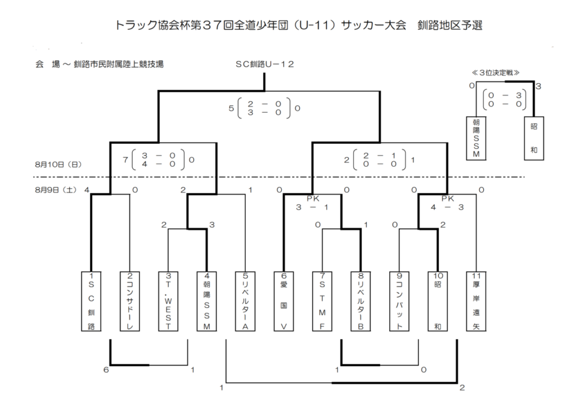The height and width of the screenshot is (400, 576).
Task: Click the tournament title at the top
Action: (x=298, y=25)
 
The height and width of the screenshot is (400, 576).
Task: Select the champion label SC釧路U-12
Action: (x=264, y=64)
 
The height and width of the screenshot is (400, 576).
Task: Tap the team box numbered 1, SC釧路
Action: (x=91, y=301)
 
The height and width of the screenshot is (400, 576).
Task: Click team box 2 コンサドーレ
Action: (x=130, y=301)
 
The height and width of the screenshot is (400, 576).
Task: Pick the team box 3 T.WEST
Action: (x=168, y=301)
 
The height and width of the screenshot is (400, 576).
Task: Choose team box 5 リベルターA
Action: (x=245, y=301)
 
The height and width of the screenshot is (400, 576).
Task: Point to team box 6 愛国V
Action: (x=283, y=301)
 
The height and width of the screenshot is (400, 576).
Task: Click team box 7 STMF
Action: (x=322, y=301)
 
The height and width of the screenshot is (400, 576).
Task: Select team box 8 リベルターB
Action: (x=361, y=301)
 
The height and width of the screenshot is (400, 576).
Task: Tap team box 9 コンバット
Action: (x=399, y=301)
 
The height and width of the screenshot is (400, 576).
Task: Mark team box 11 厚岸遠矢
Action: (x=476, y=301)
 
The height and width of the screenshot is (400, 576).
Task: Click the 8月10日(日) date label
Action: (x=58, y=165)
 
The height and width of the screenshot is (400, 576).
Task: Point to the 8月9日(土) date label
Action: (x=56, y=190)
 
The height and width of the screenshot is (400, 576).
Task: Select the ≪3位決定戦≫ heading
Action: (x=496, y=72)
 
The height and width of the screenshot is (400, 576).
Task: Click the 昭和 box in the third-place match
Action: (x=534, y=138)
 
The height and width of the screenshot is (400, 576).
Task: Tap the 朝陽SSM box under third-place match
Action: (x=476, y=138)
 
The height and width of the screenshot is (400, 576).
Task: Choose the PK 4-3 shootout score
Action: (x=447, y=203)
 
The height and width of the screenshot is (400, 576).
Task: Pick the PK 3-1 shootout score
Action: (x=312, y=203)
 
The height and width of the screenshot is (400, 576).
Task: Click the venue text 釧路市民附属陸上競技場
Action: (x=119, y=64)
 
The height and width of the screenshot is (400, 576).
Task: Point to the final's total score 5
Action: (x=231, y=108)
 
